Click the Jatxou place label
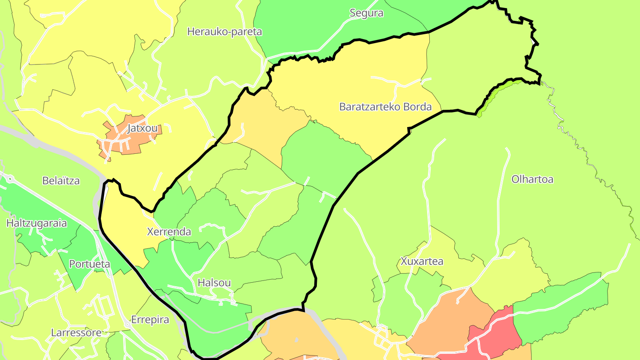(x=142, y=129)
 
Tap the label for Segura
(x=366, y=13)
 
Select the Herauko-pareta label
(x=224, y=32)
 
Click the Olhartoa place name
(x=532, y=180)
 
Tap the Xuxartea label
(x=422, y=261)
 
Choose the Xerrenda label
(x=169, y=232)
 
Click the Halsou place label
(x=214, y=283)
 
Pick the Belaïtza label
(x=61, y=181)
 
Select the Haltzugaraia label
(x=36, y=223)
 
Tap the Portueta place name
(x=89, y=264)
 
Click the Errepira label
(x=150, y=320)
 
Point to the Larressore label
(x=76, y=332)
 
